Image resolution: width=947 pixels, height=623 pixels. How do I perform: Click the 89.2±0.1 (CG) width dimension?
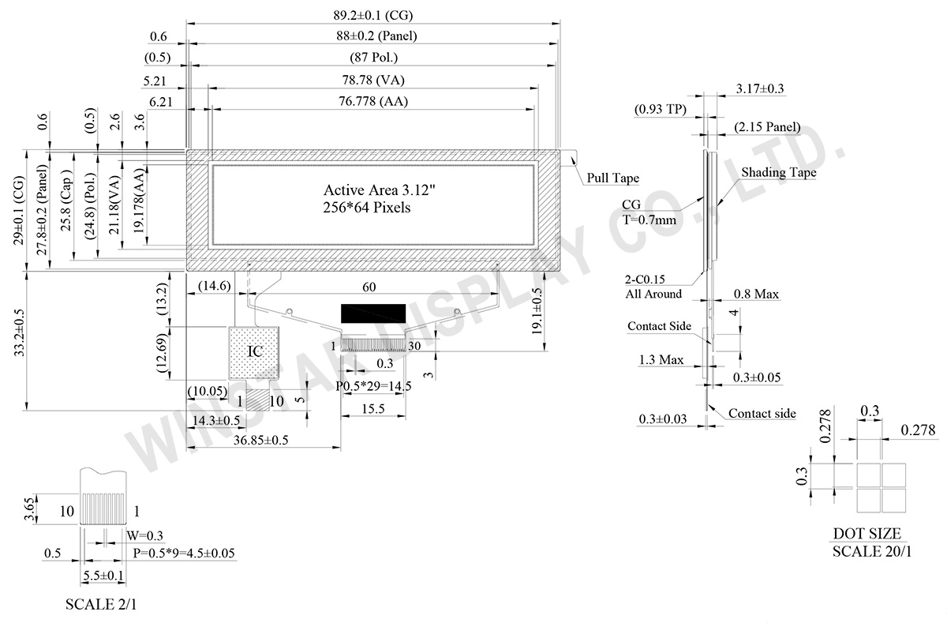click(x=373, y=15)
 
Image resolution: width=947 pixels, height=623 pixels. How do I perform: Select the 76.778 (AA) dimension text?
click(x=373, y=101)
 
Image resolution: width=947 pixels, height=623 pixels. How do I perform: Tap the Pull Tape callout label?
click(x=612, y=178)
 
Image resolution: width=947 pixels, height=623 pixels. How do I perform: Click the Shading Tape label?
click(x=778, y=172)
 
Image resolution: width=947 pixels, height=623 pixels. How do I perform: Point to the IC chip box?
click(x=255, y=352)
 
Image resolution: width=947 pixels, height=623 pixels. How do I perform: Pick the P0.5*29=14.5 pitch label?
click(x=372, y=386)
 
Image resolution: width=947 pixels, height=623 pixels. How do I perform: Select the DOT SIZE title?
click(x=867, y=534)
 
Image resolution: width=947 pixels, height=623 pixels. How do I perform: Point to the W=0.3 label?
click(x=144, y=537)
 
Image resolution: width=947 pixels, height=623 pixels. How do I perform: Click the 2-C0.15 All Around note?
click(x=652, y=286)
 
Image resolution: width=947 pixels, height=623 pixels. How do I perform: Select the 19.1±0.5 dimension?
click(x=537, y=313)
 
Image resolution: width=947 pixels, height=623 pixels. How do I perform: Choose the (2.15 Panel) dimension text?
click(x=766, y=127)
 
